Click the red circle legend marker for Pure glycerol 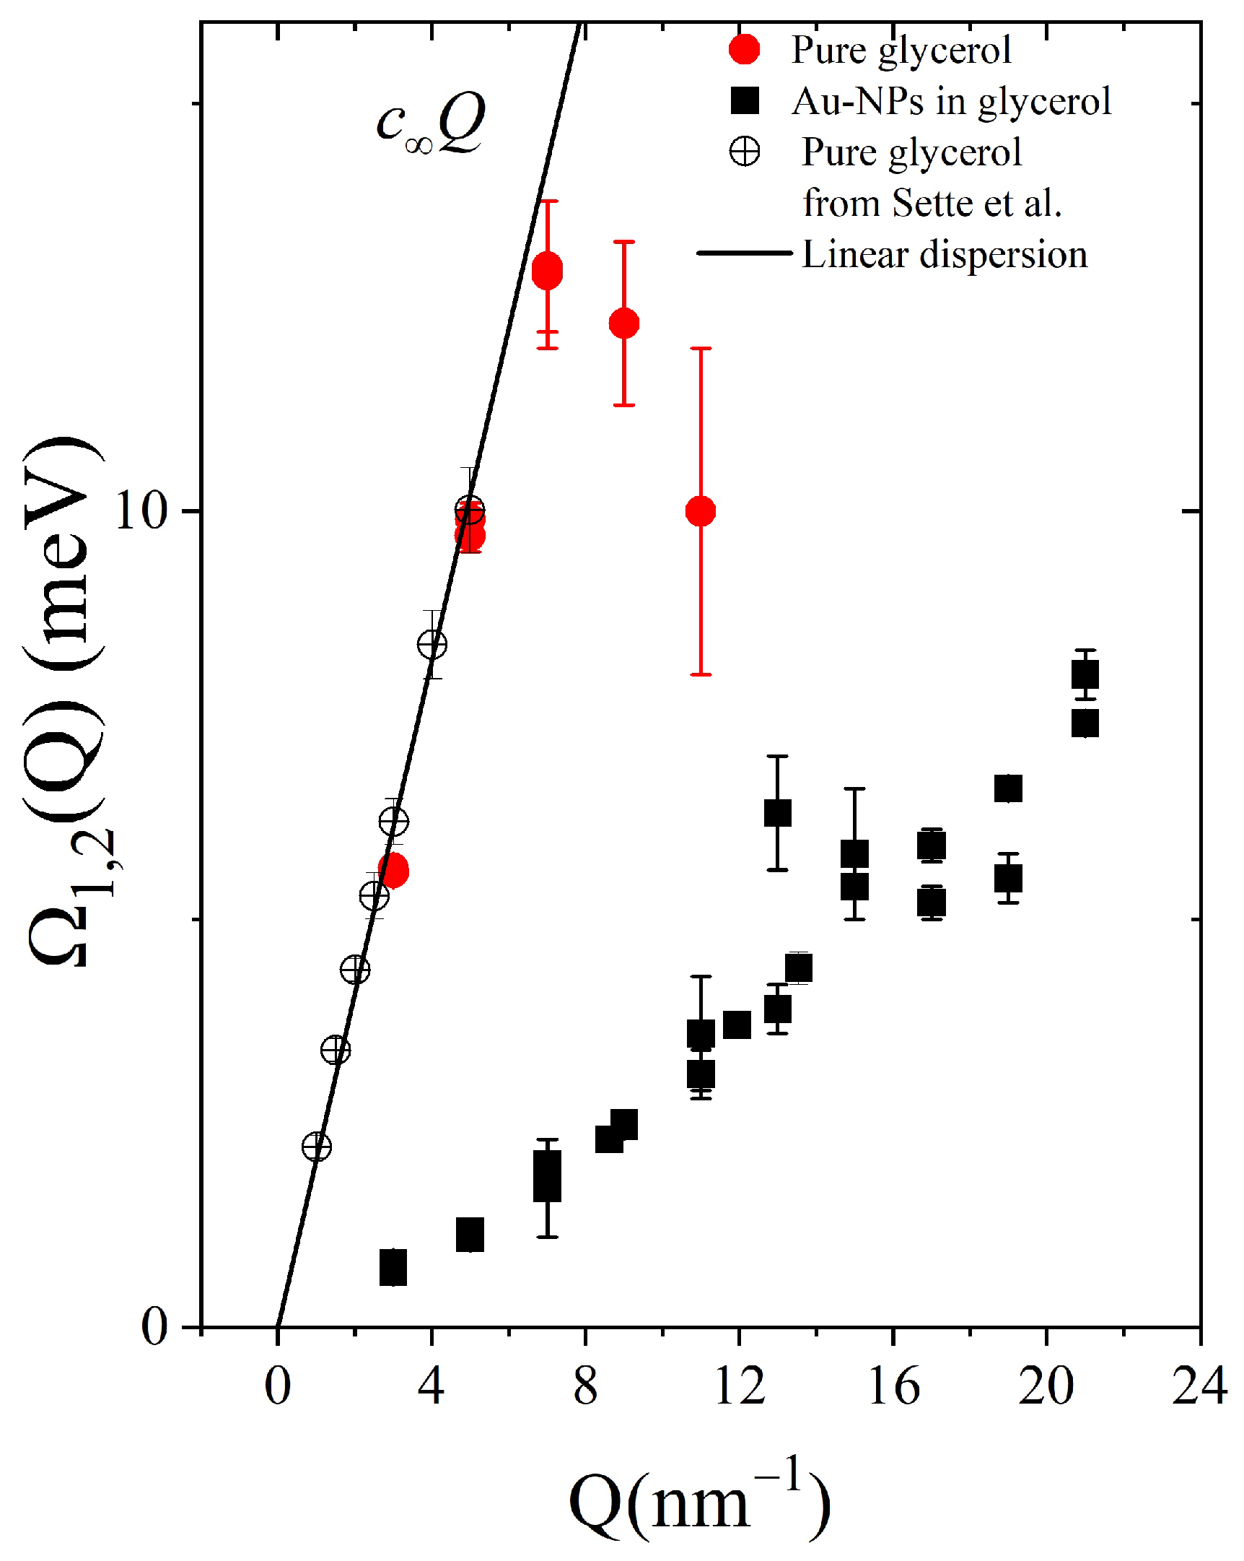click(x=744, y=49)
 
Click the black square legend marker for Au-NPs click(x=744, y=100)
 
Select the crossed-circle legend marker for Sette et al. click(x=744, y=152)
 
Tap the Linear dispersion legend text click(x=945, y=255)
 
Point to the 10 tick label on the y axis click(x=142, y=511)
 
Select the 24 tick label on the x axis click(x=1199, y=1386)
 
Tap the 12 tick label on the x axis click(x=739, y=1386)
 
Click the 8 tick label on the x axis click(x=585, y=1386)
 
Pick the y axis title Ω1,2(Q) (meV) click(x=65, y=703)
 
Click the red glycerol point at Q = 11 click(x=701, y=511)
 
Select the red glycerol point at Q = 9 click(x=624, y=323)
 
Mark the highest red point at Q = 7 click(x=547, y=271)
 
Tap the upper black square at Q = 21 click(x=1085, y=675)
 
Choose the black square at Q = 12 click(x=737, y=1025)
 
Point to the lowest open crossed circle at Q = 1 click(x=316, y=1146)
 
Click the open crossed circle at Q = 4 click(x=432, y=643)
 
